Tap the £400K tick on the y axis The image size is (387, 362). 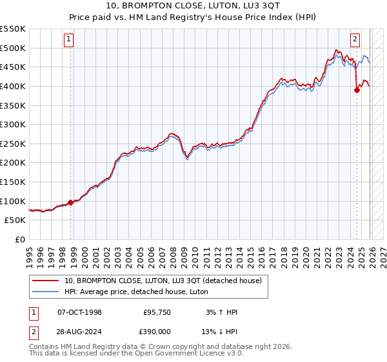point(13,86)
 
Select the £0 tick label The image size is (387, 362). point(19,239)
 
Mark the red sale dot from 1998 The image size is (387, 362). point(70,202)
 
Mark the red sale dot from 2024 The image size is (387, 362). point(357,90)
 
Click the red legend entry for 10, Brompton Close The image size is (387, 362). point(163,281)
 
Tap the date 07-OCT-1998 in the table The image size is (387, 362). point(79,312)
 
